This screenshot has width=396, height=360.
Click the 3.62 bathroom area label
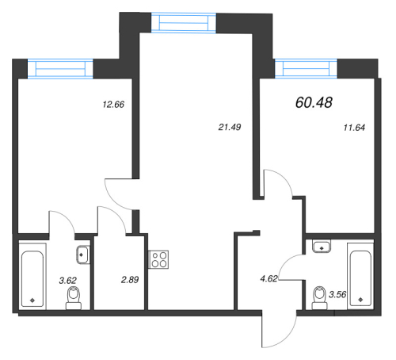(51, 281)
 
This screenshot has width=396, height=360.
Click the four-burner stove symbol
(158, 261)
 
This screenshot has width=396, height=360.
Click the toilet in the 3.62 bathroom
(73, 297)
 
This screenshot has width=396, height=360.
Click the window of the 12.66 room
(61, 69)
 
